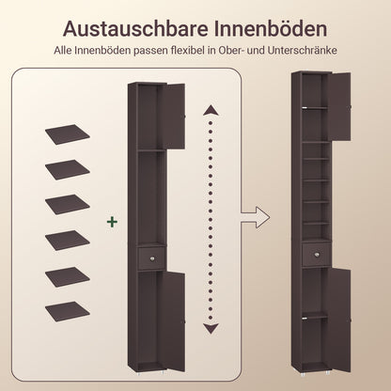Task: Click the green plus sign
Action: [113, 222]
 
